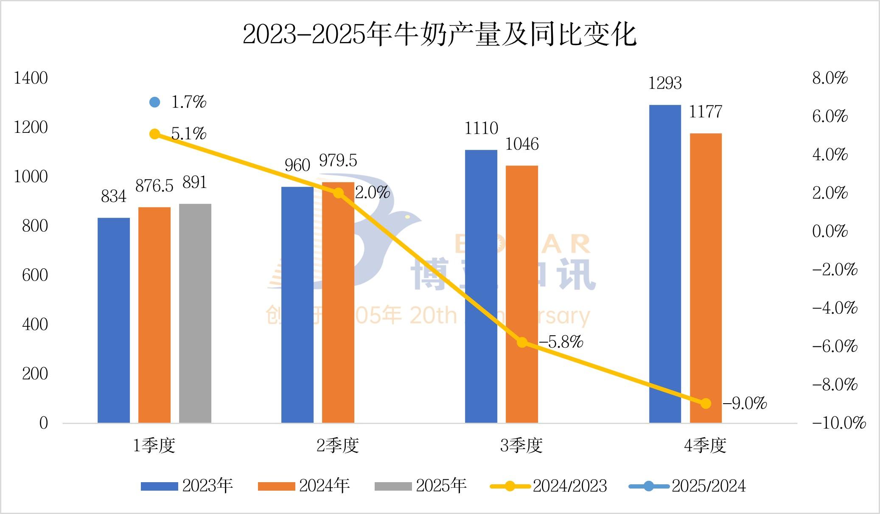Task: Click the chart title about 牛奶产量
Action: (440, 34)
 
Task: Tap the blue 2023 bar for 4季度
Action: (665, 264)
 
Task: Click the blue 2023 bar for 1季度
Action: (114, 320)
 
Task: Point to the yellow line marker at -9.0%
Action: (706, 403)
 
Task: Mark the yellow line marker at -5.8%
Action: (522, 343)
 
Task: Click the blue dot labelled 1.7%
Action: (155, 102)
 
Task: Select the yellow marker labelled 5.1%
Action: (155, 134)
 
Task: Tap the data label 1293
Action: (665, 83)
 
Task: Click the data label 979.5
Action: (338, 160)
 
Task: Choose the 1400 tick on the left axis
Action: (31, 78)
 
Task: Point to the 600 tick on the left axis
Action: (35, 275)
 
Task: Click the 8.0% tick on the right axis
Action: (830, 78)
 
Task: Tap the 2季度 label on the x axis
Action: (338, 445)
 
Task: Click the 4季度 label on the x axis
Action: (705, 445)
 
